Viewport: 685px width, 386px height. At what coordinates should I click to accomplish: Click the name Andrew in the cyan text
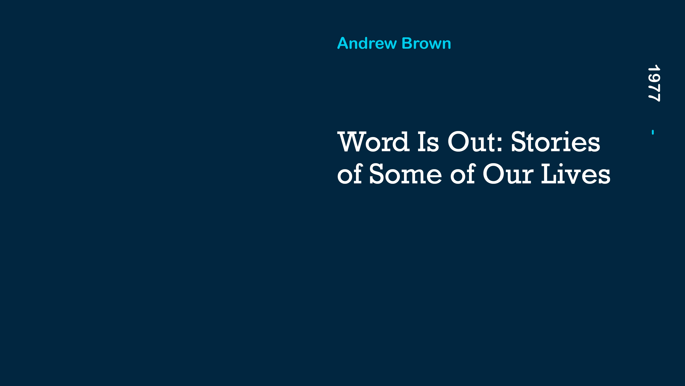point(367,43)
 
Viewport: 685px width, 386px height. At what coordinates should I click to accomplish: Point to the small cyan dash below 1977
point(653,132)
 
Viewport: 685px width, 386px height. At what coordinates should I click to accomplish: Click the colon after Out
point(499,145)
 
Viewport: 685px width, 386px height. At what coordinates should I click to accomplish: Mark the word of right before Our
point(463,174)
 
